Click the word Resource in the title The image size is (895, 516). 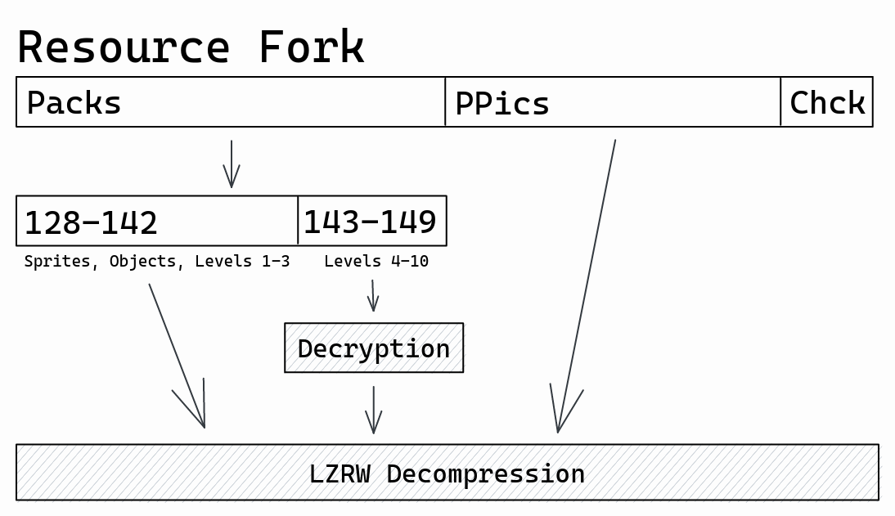(123, 47)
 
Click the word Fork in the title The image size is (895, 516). (311, 47)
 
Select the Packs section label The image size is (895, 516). (74, 104)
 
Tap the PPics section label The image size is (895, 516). (501, 104)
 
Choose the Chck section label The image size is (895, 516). (827, 104)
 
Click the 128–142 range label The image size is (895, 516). (91, 222)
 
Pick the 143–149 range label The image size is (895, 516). (370, 222)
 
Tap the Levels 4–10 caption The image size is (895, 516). (376, 262)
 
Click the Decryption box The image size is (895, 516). (374, 348)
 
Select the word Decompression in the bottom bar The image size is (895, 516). (485, 473)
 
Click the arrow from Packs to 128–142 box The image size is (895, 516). (232, 164)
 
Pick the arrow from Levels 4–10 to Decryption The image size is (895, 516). (373, 296)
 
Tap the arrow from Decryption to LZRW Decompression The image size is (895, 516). (374, 409)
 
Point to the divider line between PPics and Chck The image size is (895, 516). (780, 102)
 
